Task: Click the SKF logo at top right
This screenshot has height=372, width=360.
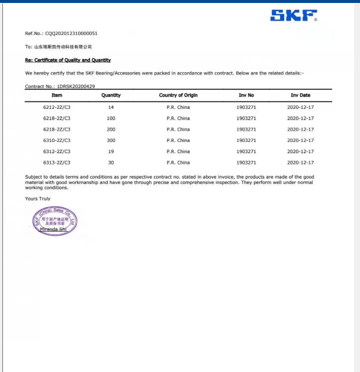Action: [x=293, y=15]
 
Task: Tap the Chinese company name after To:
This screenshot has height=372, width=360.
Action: [x=62, y=47]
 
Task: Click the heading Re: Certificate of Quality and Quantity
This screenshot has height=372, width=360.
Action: [x=67, y=60]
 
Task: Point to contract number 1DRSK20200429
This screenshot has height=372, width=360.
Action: [x=76, y=86]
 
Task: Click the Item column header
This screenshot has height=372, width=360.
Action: [x=57, y=95]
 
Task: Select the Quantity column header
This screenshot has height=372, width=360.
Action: [x=111, y=95]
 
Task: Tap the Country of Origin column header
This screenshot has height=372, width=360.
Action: [x=178, y=95]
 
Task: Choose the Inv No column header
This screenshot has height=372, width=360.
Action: [x=246, y=95]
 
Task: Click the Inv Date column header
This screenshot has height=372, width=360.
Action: [x=300, y=95]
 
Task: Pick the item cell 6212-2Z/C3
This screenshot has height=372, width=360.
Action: [x=57, y=107]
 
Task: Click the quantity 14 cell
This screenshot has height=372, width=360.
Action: [x=111, y=107]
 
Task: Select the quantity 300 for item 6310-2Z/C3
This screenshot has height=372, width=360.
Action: [x=111, y=140]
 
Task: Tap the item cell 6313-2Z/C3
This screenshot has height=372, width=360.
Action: [x=57, y=163]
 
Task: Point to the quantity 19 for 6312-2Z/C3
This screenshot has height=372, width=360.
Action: [x=111, y=151]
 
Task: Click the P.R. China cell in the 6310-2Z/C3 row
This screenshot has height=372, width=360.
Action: [x=178, y=140]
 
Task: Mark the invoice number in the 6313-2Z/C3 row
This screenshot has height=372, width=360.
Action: [x=246, y=163]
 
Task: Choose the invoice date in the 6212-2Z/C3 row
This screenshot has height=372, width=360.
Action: [x=300, y=107]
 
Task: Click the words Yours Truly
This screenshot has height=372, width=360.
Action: [x=38, y=199]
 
